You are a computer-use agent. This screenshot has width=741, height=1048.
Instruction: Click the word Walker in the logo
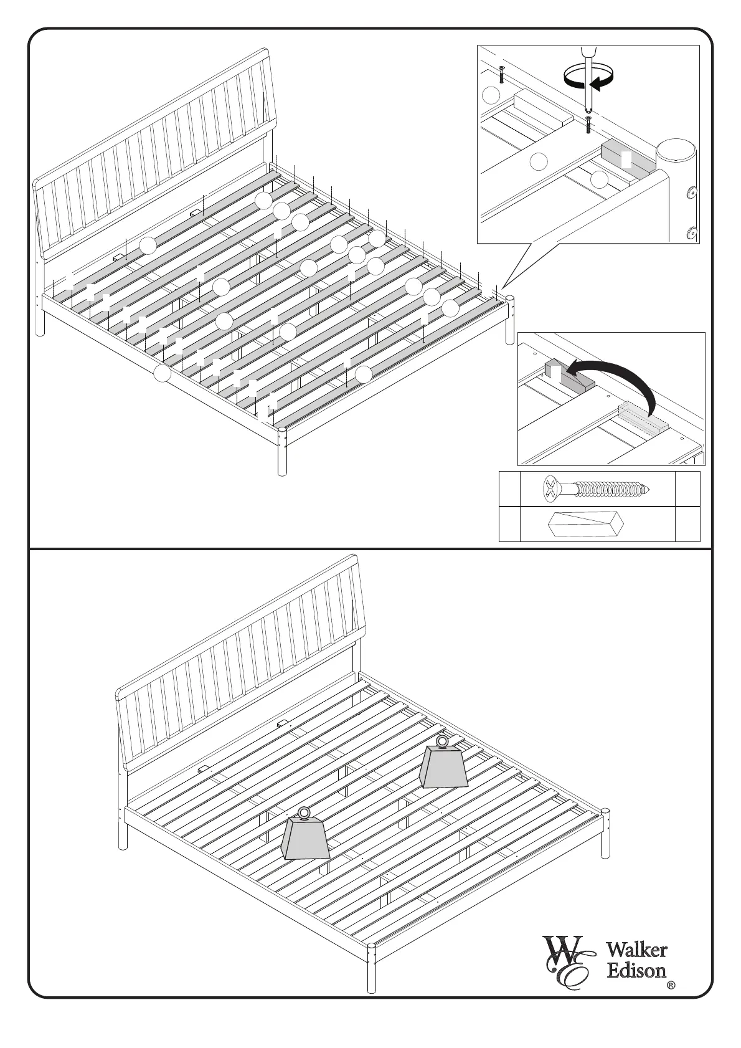tap(636, 950)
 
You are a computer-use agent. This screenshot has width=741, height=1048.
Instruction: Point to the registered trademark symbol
tap(671, 985)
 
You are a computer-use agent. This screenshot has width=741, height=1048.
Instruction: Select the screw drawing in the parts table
tap(596, 489)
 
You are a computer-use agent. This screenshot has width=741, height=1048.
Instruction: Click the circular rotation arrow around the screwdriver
tap(588, 78)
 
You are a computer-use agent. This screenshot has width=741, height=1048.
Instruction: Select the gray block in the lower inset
tap(568, 376)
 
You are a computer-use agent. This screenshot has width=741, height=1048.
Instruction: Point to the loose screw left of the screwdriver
tap(502, 74)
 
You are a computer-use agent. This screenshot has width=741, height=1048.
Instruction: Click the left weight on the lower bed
tap(305, 838)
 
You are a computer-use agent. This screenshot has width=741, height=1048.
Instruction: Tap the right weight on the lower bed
tap(444, 766)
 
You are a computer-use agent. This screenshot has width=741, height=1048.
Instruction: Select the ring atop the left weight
tap(304, 812)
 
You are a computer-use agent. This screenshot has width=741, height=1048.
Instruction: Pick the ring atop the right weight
tap(443, 741)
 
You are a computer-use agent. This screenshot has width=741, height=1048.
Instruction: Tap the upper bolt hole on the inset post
tap(691, 193)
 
